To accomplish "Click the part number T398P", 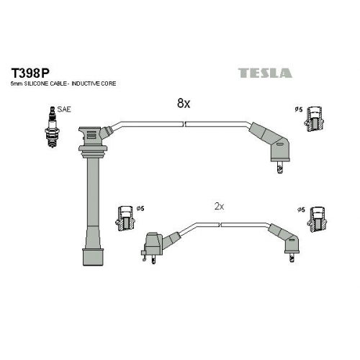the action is click(x=30, y=73).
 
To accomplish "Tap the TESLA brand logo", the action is click(x=265, y=73).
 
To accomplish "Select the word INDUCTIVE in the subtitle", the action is click(x=86, y=84).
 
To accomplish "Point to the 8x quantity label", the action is click(x=184, y=103).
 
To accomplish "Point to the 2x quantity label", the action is click(x=219, y=207).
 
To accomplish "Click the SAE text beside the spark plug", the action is click(x=64, y=109).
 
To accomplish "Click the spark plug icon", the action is click(x=52, y=127).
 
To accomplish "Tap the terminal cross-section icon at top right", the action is click(x=314, y=119).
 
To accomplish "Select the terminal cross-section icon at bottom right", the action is click(x=318, y=219).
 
